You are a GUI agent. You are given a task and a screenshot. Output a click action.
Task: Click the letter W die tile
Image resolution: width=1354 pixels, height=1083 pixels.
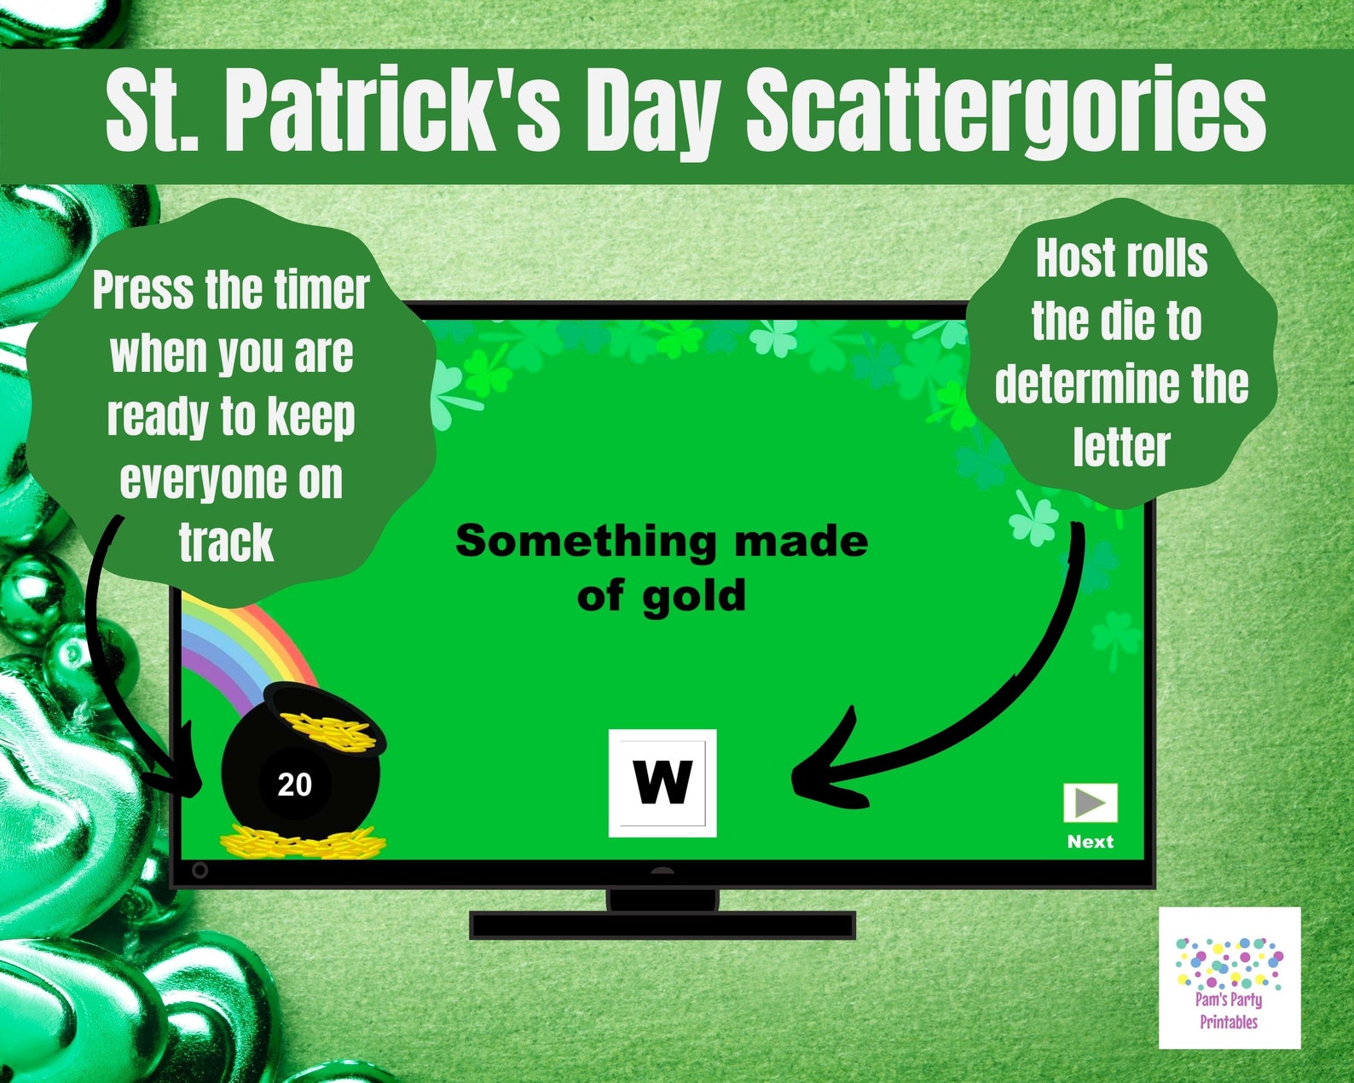click(663, 783)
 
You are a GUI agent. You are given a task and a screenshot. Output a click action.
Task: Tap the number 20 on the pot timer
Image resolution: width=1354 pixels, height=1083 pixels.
click(294, 785)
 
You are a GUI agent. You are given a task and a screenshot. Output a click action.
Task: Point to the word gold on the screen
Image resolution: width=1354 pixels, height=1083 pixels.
click(694, 596)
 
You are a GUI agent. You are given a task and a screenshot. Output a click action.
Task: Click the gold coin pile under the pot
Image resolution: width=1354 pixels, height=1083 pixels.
click(303, 843)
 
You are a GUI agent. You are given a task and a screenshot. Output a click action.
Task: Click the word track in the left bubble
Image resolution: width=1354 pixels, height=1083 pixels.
click(226, 543)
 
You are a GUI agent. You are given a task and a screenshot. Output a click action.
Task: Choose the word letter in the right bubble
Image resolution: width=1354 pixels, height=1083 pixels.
click(1121, 448)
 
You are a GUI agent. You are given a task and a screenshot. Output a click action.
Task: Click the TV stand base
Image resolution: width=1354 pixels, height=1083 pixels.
click(662, 925)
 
